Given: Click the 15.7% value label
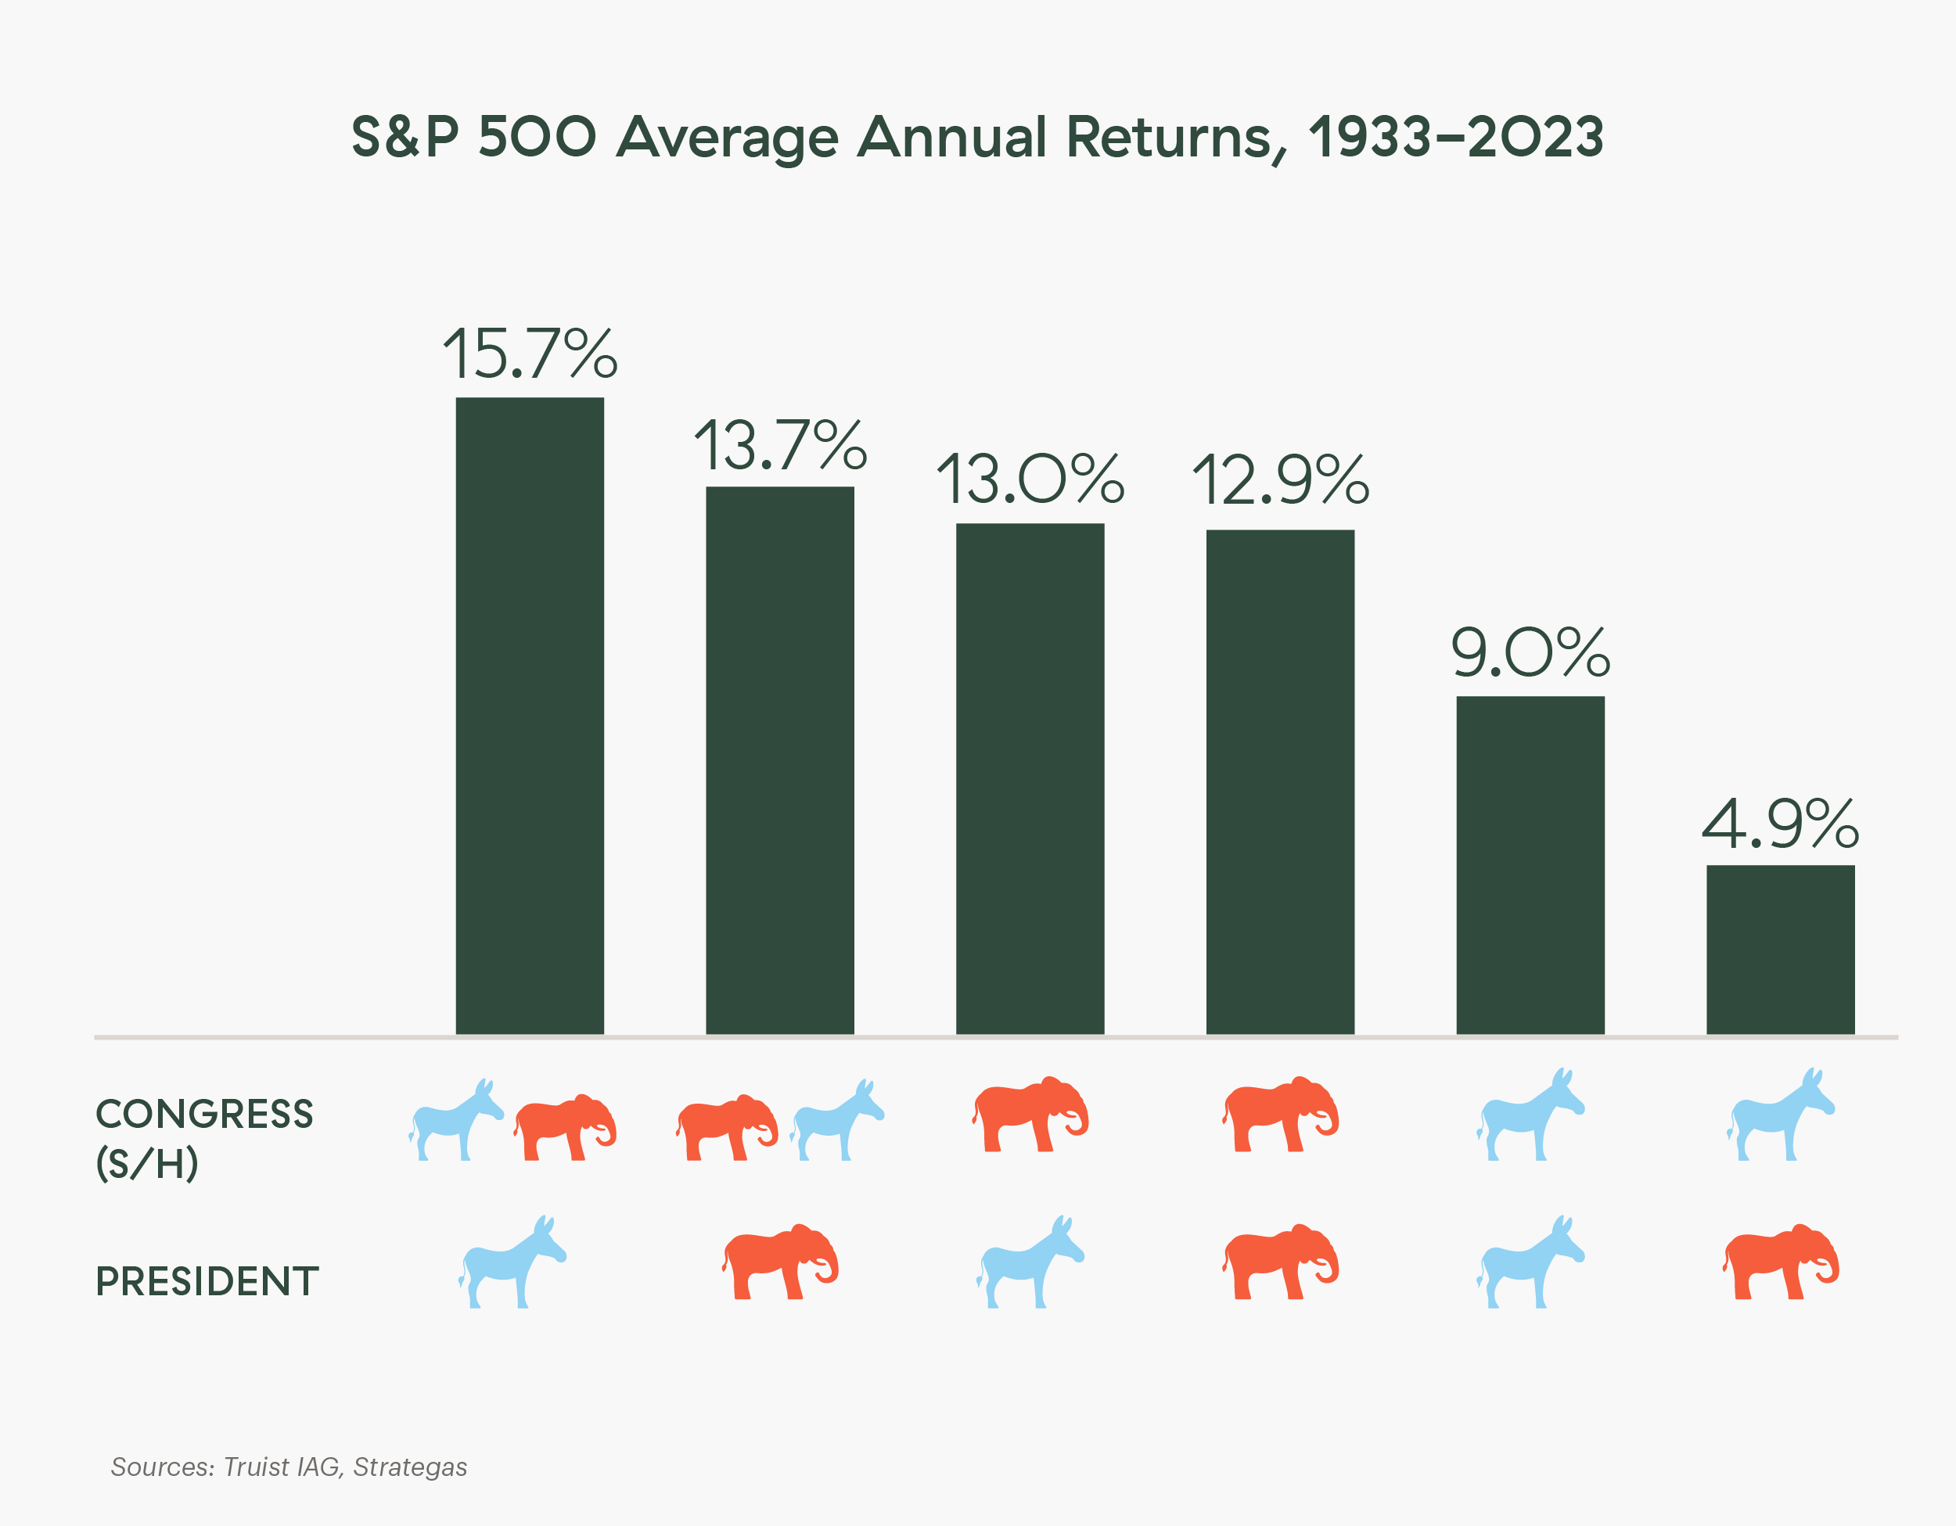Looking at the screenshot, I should pyautogui.click(x=530, y=354).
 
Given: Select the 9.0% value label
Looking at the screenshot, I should pyautogui.click(x=1530, y=653).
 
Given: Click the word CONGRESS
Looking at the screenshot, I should pyautogui.click(x=204, y=1114).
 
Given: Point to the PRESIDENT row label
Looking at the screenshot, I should pyautogui.click(x=207, y=1281).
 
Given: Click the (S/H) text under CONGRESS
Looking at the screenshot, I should pyautogui.click(x=147, y=1164).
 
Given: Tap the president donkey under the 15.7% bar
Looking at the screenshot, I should pyautogui.click(x=512, y=1262).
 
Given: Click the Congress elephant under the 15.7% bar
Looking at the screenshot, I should pyautogui.click(x=565, y=1126).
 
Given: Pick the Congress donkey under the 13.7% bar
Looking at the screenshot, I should pyautogui.click(x=837, y=1121).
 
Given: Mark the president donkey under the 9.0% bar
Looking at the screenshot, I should pyautogui.click(x=1530, y=1262).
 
